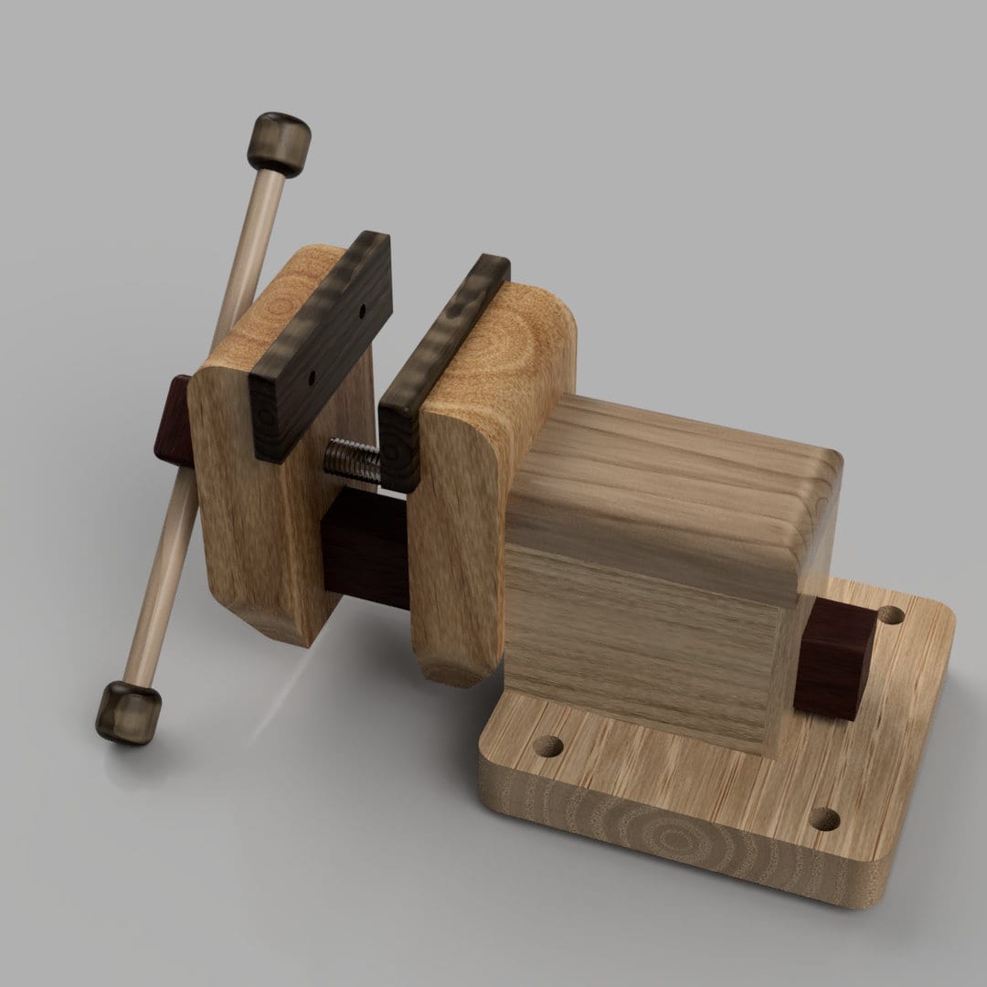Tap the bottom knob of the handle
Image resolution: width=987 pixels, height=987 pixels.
(x=129, y=711)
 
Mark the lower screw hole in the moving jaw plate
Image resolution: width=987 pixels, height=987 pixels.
(x=312, y=376)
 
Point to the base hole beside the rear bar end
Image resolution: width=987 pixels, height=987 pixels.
(x=890, y=614)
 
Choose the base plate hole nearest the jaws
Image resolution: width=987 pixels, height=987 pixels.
(x=549, y=747)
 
